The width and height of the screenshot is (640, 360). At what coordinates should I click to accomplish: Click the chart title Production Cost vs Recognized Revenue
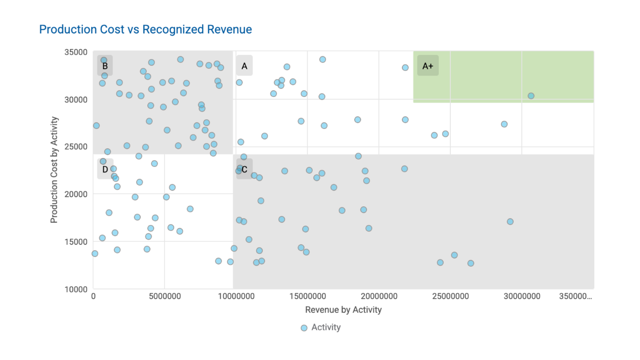(145, 29)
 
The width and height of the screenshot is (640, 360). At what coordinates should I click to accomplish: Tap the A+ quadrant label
(427, 66)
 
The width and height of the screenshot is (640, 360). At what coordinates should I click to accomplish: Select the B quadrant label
(105, 66)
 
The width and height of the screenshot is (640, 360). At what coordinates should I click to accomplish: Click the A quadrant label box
(244, 66)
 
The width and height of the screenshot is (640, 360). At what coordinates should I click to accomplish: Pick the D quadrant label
(105, 169)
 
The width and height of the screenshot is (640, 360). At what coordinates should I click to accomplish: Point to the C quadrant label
(245, 169)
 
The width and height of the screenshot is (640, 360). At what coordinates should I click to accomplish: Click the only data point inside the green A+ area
(531, 96)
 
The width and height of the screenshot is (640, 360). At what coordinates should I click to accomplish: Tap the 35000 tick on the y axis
(75, 52)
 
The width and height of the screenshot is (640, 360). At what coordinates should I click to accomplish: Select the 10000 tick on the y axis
(75, 289)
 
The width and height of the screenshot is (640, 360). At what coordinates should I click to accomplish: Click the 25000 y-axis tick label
(75, 147)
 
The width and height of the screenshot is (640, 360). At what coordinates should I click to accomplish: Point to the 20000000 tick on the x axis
(379, 296)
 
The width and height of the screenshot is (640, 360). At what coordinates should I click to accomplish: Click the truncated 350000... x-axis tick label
(576, 296)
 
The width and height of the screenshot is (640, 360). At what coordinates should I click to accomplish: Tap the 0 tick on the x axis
(93, 296)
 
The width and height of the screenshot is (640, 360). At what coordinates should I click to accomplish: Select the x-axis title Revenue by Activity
(343, 310)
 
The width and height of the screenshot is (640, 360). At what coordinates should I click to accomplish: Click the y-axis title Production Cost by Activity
(54, 170)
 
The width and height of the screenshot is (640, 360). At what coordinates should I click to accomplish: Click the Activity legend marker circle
(304, 328)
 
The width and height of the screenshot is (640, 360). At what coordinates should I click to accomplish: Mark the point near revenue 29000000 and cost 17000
(510, 221)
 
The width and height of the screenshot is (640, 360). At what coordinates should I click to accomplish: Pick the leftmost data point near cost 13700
(95, 253)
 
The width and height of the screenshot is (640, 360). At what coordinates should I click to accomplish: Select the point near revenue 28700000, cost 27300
(504, 124)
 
